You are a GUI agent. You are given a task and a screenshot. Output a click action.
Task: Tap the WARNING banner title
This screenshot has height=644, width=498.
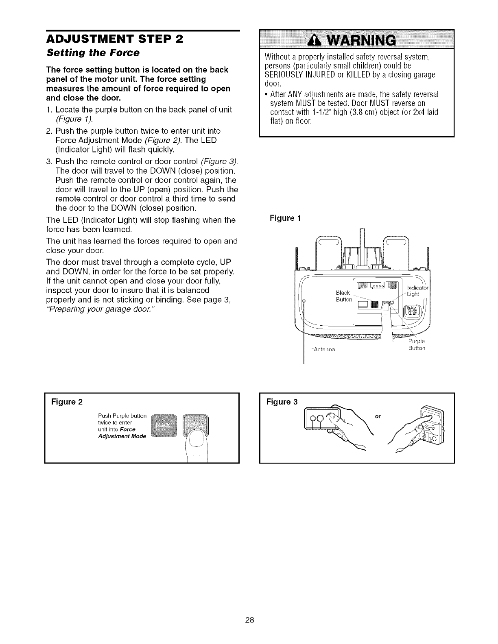pos(356,40)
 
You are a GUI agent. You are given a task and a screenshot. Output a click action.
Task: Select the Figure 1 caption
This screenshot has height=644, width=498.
pos(285,218)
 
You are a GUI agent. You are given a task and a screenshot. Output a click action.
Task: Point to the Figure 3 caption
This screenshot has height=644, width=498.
pos(282,402)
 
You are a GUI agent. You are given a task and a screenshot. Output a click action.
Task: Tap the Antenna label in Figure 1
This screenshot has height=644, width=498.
pos(323,349)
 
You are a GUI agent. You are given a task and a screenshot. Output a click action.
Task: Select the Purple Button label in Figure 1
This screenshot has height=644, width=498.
pos(416,344)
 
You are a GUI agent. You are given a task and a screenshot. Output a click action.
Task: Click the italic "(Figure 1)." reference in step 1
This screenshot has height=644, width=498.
pos(74,119)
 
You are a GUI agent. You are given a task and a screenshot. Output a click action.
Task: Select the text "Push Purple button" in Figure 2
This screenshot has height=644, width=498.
pos(122,416)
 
